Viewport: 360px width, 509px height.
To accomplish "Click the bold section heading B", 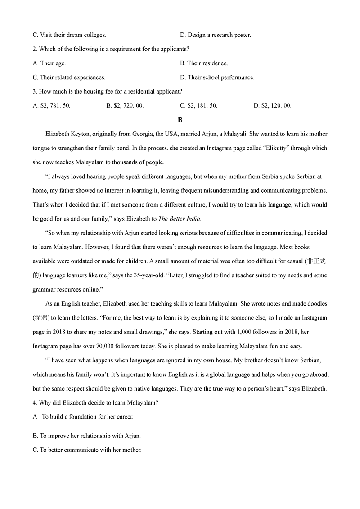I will [x=180, y=120].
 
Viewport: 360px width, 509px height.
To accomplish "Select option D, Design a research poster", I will [x=216, y=35].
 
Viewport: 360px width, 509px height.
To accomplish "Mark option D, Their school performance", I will [x=217, y=77].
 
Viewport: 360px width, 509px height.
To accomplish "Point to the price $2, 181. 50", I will [x=199, y=106].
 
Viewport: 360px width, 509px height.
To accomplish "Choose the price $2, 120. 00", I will [x=273, y=106].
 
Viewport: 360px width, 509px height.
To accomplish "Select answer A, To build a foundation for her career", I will [x=83, y=417].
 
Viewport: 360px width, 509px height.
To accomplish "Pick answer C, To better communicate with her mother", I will [x=87, y=450].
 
